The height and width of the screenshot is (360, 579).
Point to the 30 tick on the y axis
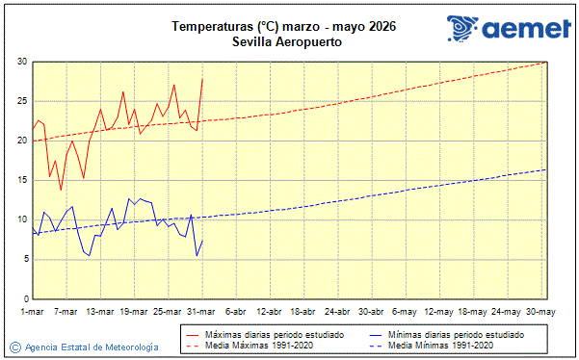[x=21, y=62]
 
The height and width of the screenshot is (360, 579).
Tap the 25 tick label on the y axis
[x=21, y=101]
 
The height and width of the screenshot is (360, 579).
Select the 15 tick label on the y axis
[x=21, y=180]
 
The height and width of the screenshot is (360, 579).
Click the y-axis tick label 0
[x=24, y=297]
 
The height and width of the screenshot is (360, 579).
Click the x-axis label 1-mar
[x=32, y=312]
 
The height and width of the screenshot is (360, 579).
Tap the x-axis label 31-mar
[x=202, y=312]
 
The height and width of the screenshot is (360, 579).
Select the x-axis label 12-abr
[x=270, y=312]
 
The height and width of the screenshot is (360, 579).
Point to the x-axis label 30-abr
[x=372, y=312]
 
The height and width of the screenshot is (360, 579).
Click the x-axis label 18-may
[x=473, y=312]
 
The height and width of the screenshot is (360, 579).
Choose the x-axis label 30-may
[x=540, y=312]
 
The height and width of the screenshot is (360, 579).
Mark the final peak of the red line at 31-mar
[x=202, y=78]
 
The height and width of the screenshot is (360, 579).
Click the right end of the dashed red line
[x=545, y=63]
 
